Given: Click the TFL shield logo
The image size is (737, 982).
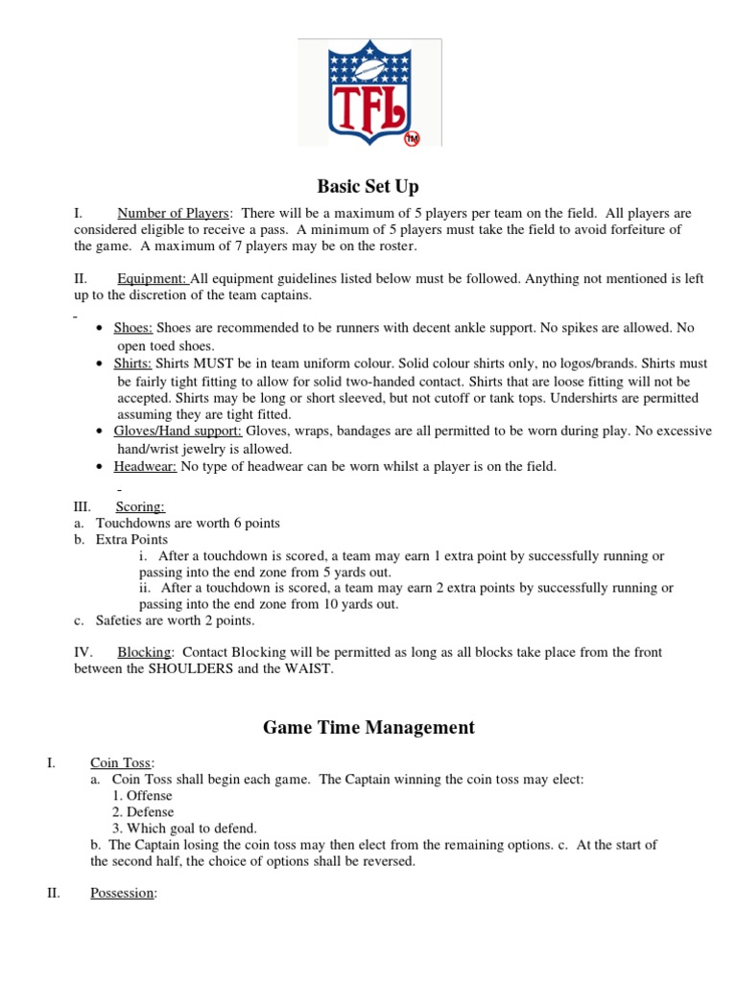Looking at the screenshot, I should pyautogui.click(x=368, y=92).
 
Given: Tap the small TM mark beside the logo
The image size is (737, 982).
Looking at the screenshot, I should pyautogui.click(x=412, y=138).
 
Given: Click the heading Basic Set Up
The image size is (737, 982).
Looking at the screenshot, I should pyautogui.click(x=368, y=186).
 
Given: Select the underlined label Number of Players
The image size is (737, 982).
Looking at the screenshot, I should pyautogui.click(x=174, y=213).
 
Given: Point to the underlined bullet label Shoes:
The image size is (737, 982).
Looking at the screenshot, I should pyautogui.click(x=133, y=328).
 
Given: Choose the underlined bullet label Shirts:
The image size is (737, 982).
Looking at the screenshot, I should pyautogui.click(x=133, y=363).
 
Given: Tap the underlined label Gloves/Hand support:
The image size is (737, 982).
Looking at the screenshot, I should pyautogui.click(x=178, y=432).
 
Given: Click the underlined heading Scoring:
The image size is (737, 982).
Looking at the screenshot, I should pyautogui.click(x=140, y=506).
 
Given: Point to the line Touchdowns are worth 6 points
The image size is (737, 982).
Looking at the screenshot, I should pyautogui.click(x=187, y=523).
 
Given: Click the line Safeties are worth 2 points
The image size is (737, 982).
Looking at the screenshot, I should pyautogui.click(x=174, y=620).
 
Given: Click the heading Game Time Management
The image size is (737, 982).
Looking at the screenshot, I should pyautogui.click(x=368, y=728).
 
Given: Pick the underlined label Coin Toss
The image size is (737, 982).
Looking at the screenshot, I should pyautogui.click(x=122, y=762).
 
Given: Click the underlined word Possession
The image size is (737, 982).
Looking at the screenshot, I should pyautogui.click(x=122, y=893).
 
